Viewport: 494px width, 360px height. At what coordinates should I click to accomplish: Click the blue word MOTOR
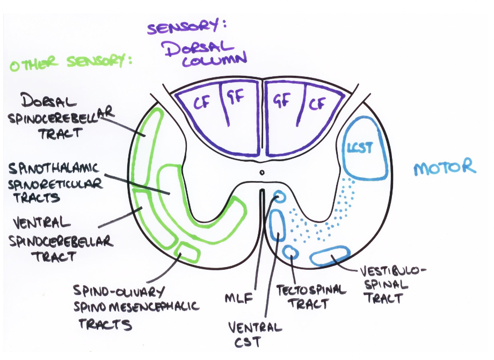click(x=445, y=167)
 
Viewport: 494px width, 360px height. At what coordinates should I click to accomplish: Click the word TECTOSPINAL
click(x=311, y=290)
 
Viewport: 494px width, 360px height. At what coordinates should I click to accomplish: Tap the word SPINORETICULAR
click(x=55, y=184)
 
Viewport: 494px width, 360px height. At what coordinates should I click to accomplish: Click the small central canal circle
click(x=261, y=173)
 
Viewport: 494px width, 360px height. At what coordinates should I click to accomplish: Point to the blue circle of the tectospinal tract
click(x=291, y=252)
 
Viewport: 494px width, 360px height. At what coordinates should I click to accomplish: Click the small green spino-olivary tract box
click(x=188, y=251)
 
